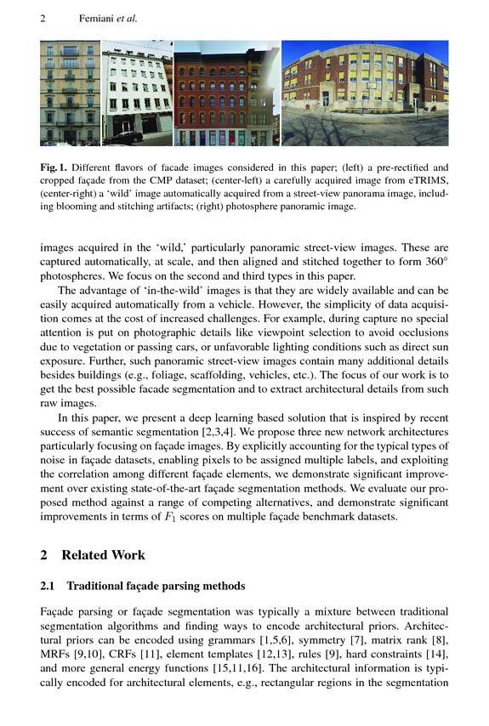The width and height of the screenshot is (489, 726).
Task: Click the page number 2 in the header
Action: (43, 17)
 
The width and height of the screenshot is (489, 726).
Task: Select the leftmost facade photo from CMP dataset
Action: (70, 93)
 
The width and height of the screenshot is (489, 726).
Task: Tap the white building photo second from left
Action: (136, 93)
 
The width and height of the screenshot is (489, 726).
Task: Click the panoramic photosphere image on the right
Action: (364, 93)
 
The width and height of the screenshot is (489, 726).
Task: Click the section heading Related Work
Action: (104, 555)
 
